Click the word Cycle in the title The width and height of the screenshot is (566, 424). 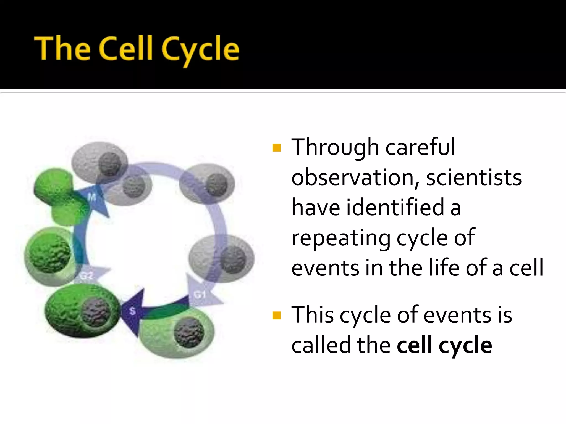point(200,50)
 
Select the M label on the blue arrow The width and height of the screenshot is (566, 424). point(92,197)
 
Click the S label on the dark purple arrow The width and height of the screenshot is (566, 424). point(132,311)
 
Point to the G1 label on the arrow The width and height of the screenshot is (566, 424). point(200,295)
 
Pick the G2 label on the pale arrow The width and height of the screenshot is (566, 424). point(87,275)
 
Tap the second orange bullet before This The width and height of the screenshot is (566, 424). point(276,315)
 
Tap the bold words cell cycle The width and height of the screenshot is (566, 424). point(444,345)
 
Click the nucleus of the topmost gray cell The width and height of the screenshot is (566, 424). point(110,164)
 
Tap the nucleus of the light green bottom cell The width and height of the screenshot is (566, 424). point(189,332)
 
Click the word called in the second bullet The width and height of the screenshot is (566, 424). point(321,345)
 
